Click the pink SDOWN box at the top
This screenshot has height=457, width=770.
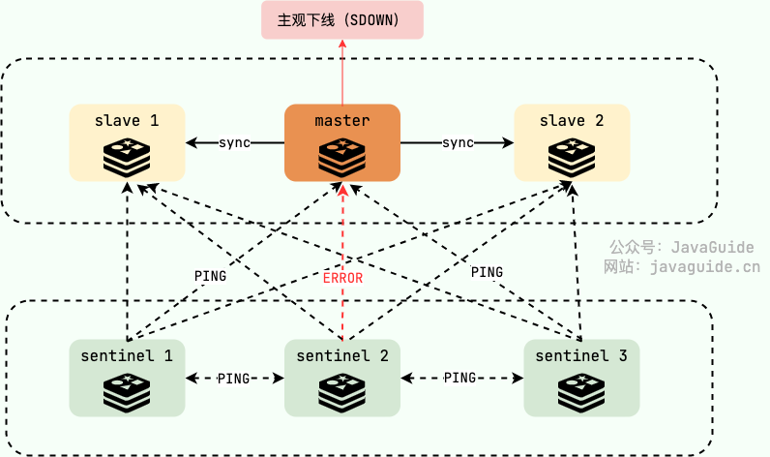pos(342,20)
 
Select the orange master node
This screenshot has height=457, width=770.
pos(342,142)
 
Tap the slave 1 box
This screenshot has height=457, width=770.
pos(127,142)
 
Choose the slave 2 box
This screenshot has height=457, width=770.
pos(572,142)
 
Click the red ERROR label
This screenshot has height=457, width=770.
pos(342,278)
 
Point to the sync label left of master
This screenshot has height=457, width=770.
pos(234,143)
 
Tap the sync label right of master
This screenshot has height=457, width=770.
pos(458,143)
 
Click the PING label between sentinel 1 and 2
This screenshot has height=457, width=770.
pos(234,378)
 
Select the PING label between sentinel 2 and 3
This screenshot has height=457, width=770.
pos(459,378)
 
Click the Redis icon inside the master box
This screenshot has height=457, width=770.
pos(342,156)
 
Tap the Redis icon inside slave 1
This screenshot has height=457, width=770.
pos(127,156)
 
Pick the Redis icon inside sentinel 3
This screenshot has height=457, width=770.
pos(581,391)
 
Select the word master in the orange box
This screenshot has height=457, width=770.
pos(342,121)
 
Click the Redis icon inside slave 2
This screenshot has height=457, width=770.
pos(572,156)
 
